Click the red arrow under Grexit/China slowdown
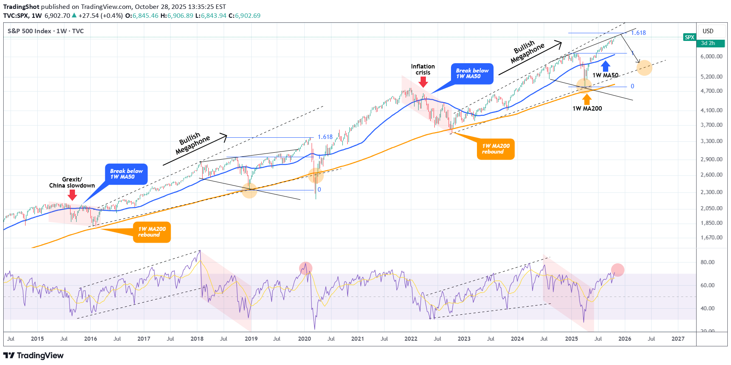pyautogui.click(x=72, y=195)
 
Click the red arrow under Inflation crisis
pyautogui.click(x=423, y=82)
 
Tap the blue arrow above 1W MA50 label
pyautogui.click(x=605, y=66)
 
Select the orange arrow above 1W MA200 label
pyautogui.click(x=587, y=99)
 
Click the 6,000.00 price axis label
pyautogui.click(x=711, y=56)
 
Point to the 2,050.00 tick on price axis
pyautogui.click(x=711, y=208)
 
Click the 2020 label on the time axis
pyautogui.click(x=304, y=339)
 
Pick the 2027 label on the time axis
pyautogui.click(x=678, y=339)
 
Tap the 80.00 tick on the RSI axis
pyautogui.click(x=707, y=262)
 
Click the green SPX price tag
pyautogui.click(x=689, y=37)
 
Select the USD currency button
pyautogui.click(x=708, y=31)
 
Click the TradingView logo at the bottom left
pyautogui.click(x=34, y=355)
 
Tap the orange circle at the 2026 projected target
pyautogui.click(x=644, y=68)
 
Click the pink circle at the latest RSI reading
pyautogui.click(x=618, y=270)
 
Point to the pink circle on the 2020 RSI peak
pyautogui.click(x=306, y=268)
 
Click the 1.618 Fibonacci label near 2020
pyautogui.click(x=325, y=137)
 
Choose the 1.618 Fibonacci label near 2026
pyautogui.click(x=638, y=33)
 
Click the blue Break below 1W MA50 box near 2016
pyautogui.click(x=126, y=174)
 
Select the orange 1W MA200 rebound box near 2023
pyautogui.click(x=496, y=149)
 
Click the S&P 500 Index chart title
pyautogui.click(x=45, y=31)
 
